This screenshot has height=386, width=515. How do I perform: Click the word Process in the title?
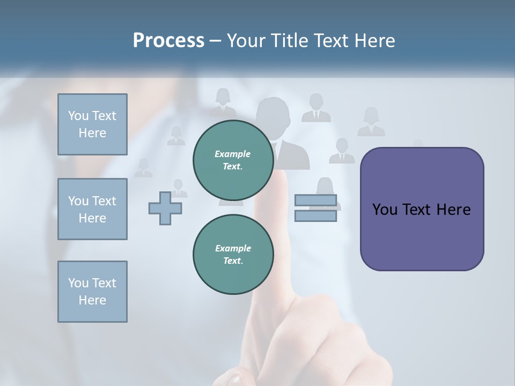(168, 41)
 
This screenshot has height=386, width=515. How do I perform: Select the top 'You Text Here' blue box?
(92, 124)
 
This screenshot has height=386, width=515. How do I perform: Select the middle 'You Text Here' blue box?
(92, 209)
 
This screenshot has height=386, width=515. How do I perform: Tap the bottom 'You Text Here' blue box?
(92, 292)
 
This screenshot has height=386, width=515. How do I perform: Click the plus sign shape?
(165, 208)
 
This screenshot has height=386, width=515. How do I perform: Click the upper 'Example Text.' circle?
(233, 160)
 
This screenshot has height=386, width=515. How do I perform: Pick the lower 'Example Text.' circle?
(233, 255)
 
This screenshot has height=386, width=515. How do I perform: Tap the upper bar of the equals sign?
(316, 201)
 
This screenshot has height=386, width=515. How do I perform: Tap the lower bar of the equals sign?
(316, 216)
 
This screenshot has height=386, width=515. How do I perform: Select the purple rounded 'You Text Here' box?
(422, 209)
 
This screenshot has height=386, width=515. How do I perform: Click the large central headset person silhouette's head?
(273, 114)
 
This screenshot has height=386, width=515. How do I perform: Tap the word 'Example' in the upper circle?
(233, 154)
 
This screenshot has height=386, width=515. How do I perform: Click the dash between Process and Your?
(216, 41)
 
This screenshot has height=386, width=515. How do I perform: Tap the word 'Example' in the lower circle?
(233, 249)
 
